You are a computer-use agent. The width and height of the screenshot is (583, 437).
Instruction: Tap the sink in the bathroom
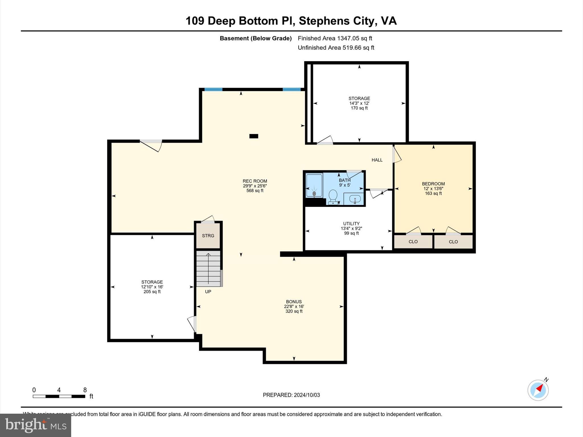click(354, 199)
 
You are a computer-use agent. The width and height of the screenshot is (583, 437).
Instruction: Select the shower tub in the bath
click(314, 185)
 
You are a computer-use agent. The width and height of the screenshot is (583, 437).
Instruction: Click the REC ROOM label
click(255, 181)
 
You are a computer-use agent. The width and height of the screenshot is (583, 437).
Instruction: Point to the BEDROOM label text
click(433, 184)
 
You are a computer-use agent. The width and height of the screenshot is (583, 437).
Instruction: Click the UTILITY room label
click(351, 224)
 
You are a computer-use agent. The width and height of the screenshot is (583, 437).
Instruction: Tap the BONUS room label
click(294, 302)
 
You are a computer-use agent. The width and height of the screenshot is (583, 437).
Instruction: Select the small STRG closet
click(208, 236)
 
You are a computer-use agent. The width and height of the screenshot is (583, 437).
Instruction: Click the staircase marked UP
click(208, 268)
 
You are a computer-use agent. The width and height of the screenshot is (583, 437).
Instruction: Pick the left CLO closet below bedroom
click(413, 242)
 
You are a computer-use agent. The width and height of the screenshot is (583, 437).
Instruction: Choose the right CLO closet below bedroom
click(453, 242)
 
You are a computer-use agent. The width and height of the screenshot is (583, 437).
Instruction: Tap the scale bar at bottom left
click(59, 396)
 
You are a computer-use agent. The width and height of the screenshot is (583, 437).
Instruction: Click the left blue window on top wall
click(213, 89)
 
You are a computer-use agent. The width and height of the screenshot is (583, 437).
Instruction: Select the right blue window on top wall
click(291, 89)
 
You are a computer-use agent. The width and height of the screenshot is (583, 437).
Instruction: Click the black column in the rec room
click(254, 136)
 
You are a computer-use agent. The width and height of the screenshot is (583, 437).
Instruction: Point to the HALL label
click(377, 160)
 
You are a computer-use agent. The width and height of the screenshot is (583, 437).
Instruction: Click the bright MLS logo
click(36, 425)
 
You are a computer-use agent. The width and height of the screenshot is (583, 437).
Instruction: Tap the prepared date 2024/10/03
click(291, 395)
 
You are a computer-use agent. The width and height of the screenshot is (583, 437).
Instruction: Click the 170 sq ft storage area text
click(359, 108)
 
